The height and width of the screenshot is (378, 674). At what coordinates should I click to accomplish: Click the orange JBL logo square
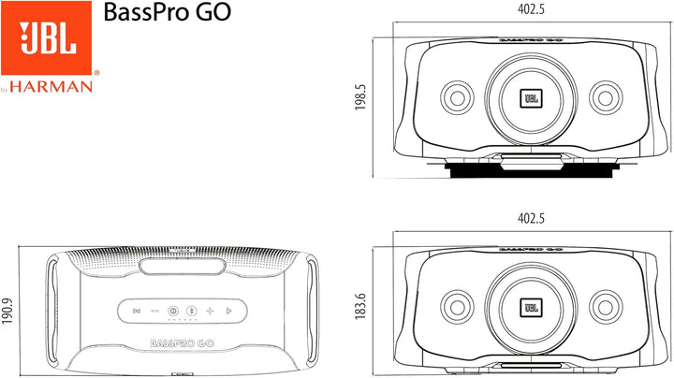(47, 38)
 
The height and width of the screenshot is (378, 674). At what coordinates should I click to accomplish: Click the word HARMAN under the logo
(51, 87)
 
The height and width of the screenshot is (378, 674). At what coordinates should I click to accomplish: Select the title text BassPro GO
(168, 12)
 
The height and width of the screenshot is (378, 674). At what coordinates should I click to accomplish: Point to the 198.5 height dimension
(360, 97)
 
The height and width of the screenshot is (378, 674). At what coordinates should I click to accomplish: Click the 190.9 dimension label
(7, 311)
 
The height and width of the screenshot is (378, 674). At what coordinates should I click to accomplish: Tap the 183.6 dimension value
(360, 306)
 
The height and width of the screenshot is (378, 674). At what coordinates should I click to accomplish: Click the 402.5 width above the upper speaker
(531, 9)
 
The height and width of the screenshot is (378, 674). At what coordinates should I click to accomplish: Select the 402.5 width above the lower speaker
(531, 218)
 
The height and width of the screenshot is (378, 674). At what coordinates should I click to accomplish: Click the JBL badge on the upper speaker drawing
(532, 98)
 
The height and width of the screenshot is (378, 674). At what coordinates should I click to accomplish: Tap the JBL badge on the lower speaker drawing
(532, 308)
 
